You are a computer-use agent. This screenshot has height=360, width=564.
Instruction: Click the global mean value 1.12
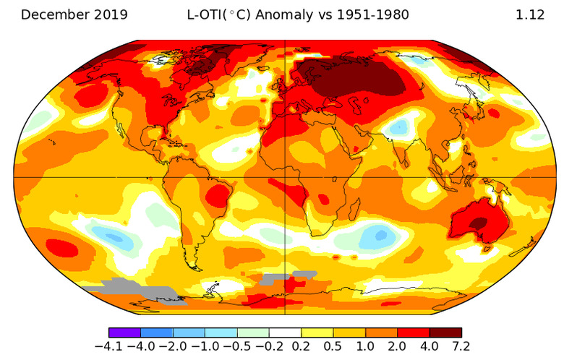tap(529, 14)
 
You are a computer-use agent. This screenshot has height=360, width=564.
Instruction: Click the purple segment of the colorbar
tap(124, 333)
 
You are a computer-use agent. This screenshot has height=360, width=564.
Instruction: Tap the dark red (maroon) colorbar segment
tap(445, 333)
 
